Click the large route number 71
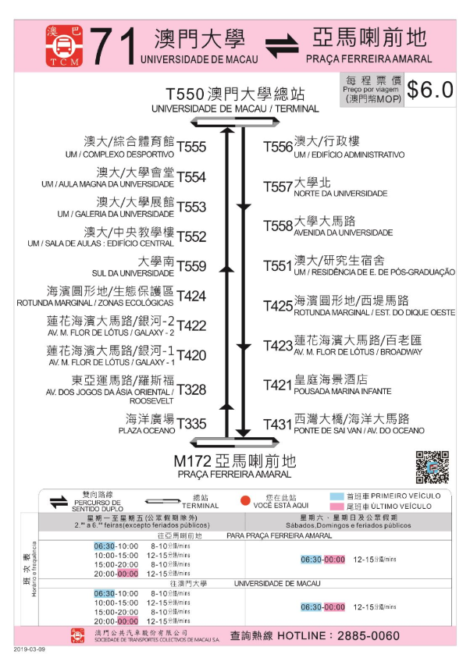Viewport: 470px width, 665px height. tap(113, 45)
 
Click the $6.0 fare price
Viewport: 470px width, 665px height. tap(429, 90)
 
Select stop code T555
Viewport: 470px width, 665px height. tap(191, 147)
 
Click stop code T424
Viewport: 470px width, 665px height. tap(191, 296)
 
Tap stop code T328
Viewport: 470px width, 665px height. tap(191, 389)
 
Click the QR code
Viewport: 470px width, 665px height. tap(432, 467)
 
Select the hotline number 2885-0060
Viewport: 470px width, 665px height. tap(407, 635)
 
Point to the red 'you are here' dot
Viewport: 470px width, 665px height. tap(244, 500)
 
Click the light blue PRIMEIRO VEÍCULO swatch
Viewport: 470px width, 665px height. tap(336, 496)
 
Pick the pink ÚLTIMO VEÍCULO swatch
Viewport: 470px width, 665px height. tap(336, 507)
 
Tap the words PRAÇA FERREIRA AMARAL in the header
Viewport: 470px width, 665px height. tap(369, 59)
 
